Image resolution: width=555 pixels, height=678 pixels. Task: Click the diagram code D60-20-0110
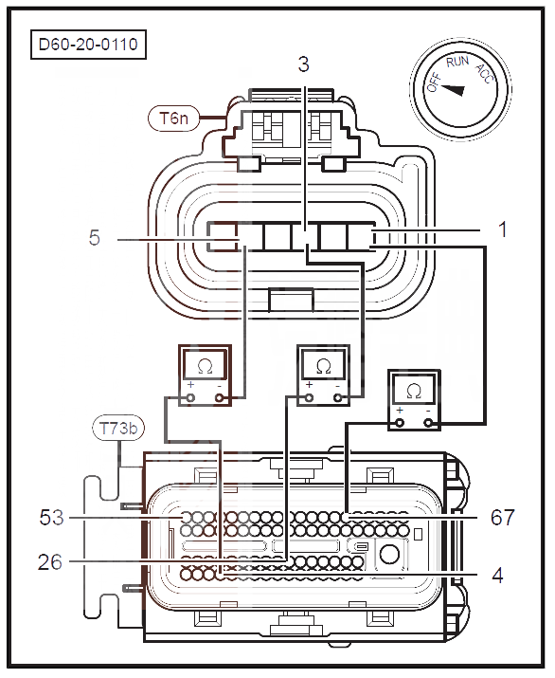coord(88,45)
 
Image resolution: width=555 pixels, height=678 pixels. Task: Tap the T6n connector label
coord(173,118)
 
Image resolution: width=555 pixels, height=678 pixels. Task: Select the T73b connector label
coord(118,428)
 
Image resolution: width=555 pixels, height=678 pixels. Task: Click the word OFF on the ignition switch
coord(434,82)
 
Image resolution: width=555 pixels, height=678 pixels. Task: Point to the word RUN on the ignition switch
coord(457,62)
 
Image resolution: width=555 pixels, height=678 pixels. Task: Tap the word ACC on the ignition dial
coord(484,74)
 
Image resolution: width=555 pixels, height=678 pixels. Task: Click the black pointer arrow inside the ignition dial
coord(453,89)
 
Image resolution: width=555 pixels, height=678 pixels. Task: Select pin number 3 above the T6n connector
coord(304,64)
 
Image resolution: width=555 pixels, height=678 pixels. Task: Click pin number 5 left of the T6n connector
coord(94,238)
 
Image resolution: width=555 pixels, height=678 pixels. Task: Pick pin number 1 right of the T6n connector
coord(502,229)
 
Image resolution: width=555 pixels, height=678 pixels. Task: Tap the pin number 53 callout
coord(51,517)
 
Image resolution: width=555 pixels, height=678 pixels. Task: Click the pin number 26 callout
coord(50,562)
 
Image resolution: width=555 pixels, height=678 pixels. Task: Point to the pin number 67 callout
coord(503,517)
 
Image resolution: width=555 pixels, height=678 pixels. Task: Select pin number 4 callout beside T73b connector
coord(497,576)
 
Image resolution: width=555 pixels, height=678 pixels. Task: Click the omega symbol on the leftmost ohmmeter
coord(206,366)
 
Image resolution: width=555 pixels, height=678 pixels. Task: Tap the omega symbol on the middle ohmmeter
coord(323,366)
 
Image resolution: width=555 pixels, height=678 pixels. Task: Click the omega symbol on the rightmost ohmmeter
coord(414,392)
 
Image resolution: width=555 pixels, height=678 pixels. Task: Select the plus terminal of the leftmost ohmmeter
coord(190,398)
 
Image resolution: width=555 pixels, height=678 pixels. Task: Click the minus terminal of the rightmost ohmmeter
coord(428,423)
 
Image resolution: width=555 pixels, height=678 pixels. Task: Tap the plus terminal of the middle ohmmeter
coord(309,398)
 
